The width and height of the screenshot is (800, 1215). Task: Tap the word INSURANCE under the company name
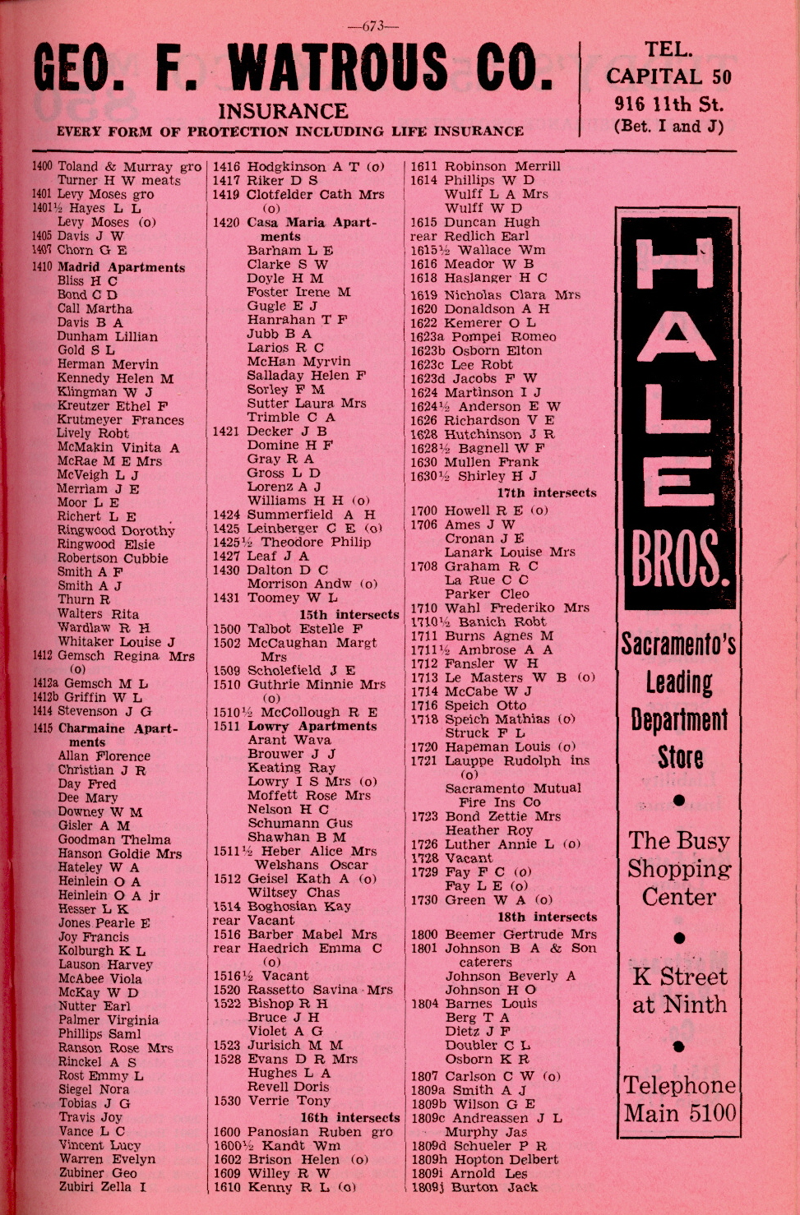[283, 111]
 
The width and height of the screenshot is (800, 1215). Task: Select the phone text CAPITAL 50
[668, 76]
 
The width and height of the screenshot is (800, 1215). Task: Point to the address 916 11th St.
[668, 104]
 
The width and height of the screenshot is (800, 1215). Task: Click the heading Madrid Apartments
[121, 267]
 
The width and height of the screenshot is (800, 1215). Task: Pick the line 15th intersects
[349, 614]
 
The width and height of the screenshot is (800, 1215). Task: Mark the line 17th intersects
[546, 492]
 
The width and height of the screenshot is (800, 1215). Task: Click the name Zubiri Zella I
[102, 1186]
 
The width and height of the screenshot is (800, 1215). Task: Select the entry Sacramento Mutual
[513, 788]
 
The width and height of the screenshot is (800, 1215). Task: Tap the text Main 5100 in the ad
[680, 1114]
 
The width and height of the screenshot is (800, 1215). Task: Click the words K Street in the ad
[679, 977]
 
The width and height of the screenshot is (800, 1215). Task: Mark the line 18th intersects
[547, 917]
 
